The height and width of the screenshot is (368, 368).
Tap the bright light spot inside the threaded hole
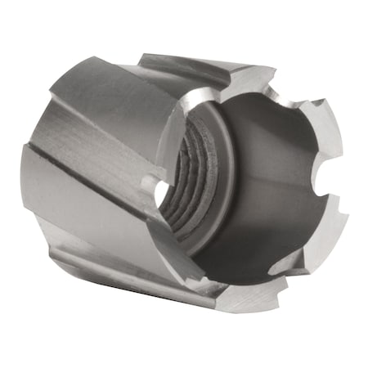click(x=163, y=193)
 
